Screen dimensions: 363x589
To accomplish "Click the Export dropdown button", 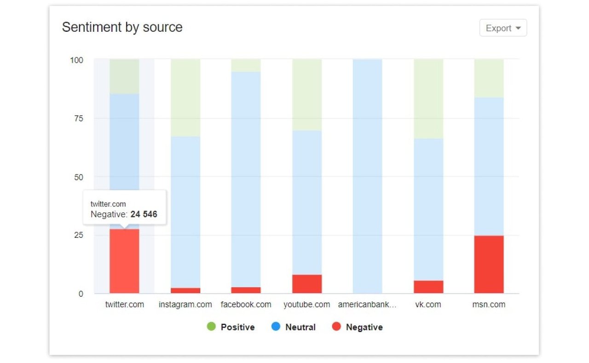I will pos(503,28).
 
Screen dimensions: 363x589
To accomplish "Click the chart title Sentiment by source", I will pos(122,27).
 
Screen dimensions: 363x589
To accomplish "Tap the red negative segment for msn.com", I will pos(489,265).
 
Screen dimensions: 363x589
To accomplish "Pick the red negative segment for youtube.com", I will pos(307,284).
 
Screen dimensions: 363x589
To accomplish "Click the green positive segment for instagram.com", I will pos(185,98).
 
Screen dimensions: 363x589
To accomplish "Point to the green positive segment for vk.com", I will pos(428,98).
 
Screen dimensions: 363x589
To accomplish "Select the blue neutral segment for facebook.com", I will pos(246,179).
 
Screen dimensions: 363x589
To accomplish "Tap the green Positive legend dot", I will pos(211,327).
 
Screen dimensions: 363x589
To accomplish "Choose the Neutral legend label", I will pos(300,327).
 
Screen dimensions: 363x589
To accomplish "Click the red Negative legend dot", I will pos(336,327).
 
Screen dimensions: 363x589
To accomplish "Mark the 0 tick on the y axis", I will pos(81,294).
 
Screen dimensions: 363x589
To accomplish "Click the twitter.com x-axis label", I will pos(124,305).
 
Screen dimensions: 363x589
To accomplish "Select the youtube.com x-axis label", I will pos(306,305).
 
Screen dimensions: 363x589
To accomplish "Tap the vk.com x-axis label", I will pos(428,305).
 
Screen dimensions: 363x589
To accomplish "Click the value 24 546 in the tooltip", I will pos(144,214).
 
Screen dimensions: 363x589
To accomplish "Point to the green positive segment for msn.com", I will pos(489,78).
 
